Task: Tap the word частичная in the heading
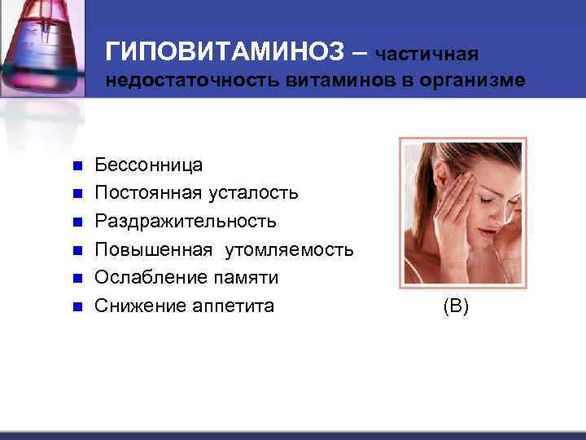[427, 54]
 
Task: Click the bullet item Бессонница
[149, 165]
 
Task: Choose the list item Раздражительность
[186, 221]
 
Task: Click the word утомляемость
[291, 249]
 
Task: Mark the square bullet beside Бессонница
[77, 166]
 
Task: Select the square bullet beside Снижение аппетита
[77, 306]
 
